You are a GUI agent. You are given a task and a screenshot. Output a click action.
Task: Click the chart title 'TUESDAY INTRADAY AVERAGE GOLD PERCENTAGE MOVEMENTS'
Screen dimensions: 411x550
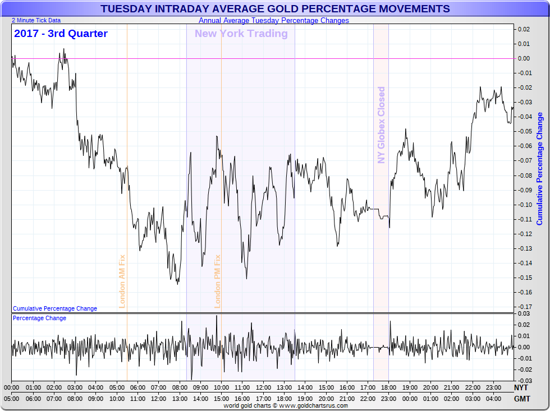[275, 9]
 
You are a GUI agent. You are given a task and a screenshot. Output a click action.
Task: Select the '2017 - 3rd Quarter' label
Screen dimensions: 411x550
[61, 34]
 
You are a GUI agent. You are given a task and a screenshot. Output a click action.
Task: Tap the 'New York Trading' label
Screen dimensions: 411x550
[241, 34]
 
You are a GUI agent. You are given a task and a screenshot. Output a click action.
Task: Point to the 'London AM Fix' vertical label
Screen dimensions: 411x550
[122, 281]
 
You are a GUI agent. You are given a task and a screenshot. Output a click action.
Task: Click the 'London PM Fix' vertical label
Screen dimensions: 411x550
[218, 281]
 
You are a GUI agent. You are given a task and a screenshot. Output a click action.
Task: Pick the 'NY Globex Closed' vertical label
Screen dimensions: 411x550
[382, 125]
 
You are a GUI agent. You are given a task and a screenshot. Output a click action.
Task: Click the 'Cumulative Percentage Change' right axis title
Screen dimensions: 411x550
[540, 168]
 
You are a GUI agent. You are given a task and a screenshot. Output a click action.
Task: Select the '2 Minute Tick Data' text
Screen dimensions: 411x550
[36, 20]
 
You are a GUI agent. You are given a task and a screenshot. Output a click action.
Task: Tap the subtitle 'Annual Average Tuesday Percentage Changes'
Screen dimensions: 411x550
[274, 20]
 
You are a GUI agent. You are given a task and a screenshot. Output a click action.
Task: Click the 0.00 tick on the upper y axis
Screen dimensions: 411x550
[524, 58]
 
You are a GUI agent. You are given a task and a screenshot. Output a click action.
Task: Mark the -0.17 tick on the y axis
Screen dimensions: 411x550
[524, 307]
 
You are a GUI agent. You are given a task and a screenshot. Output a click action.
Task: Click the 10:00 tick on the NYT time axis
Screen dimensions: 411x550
[221, 387]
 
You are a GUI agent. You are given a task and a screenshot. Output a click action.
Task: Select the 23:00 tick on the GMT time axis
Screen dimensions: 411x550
[388, 399]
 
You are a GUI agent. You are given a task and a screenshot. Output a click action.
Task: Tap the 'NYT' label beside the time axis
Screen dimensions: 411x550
[521, 387]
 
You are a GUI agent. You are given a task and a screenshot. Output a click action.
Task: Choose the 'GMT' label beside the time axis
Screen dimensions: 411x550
[521, 399]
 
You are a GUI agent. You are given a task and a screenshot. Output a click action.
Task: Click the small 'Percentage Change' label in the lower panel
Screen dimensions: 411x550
[39, 318]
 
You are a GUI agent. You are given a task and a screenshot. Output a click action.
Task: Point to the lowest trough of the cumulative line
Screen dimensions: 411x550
[178, 284]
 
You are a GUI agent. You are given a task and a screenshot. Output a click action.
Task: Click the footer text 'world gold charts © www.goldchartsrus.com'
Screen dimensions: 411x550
[285, 405]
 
